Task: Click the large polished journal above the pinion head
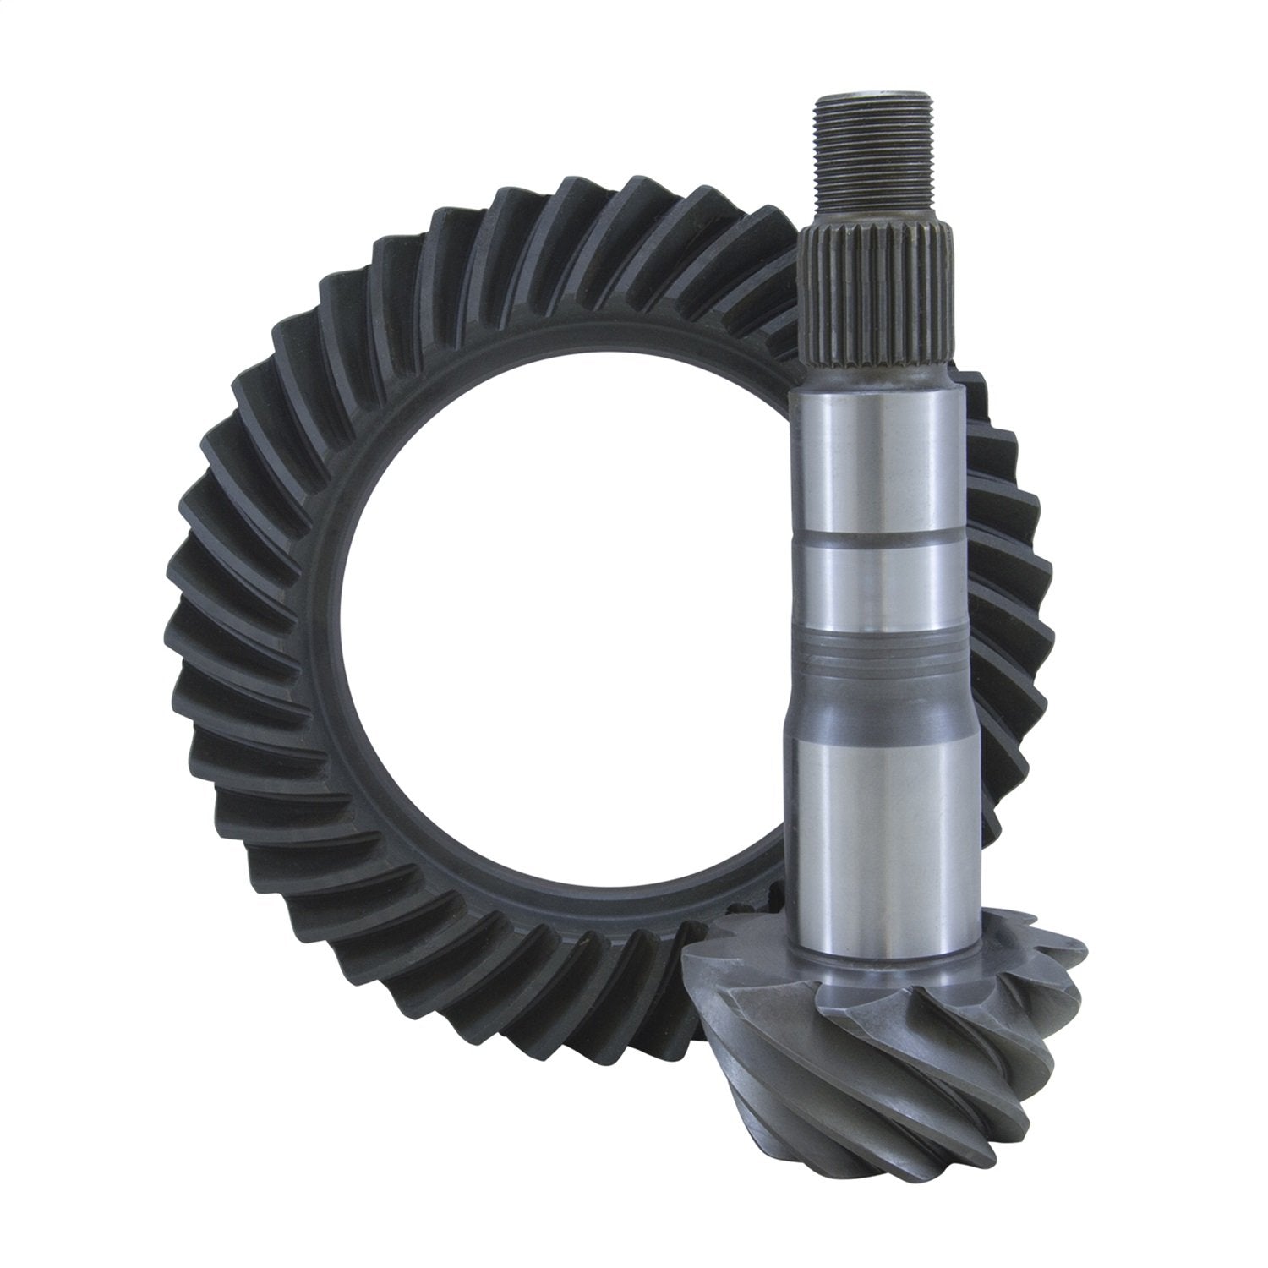(879, 837)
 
